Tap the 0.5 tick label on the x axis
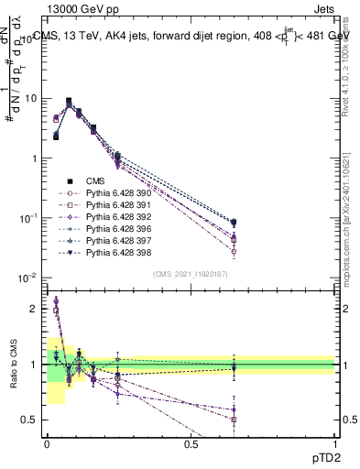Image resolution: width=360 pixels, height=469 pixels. coord(191,444)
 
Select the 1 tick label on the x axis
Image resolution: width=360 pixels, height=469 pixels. coord(334,444)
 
